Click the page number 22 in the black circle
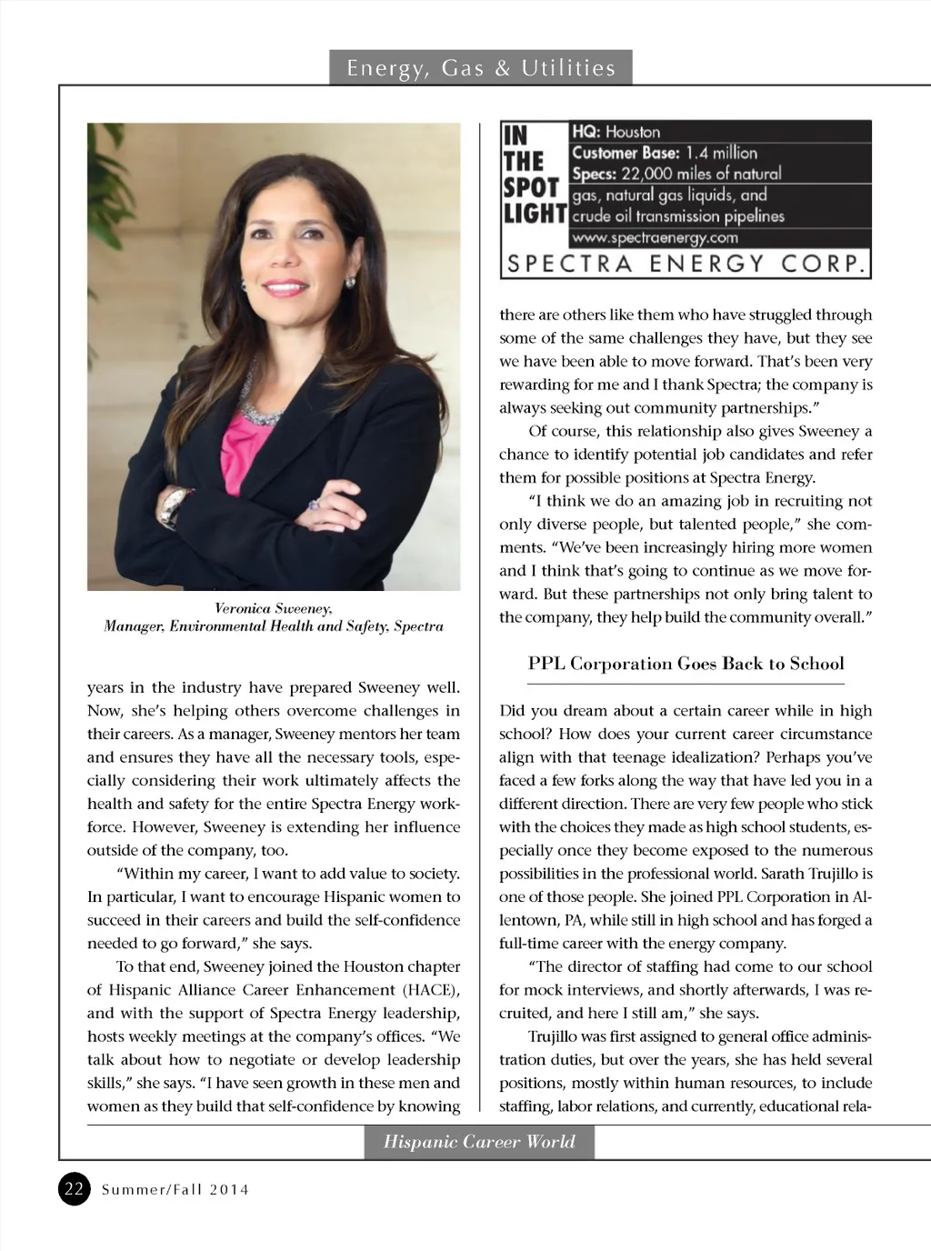tap(75, 1188)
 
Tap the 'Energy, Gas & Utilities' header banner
tap(480, 68)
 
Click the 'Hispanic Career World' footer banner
tap(479, 1142)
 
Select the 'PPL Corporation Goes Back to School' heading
tap(686, 664)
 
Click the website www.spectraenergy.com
tap(655, 238)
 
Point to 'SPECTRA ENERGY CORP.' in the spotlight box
tap(686, 264)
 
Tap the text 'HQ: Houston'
tap(616, 132)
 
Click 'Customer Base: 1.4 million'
tap(665, 153)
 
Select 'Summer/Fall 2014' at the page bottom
tap(175, 1189)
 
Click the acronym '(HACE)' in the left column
tap(430, 989)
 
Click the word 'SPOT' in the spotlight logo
tap(531, 188)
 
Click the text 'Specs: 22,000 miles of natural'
tap(676, 174)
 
